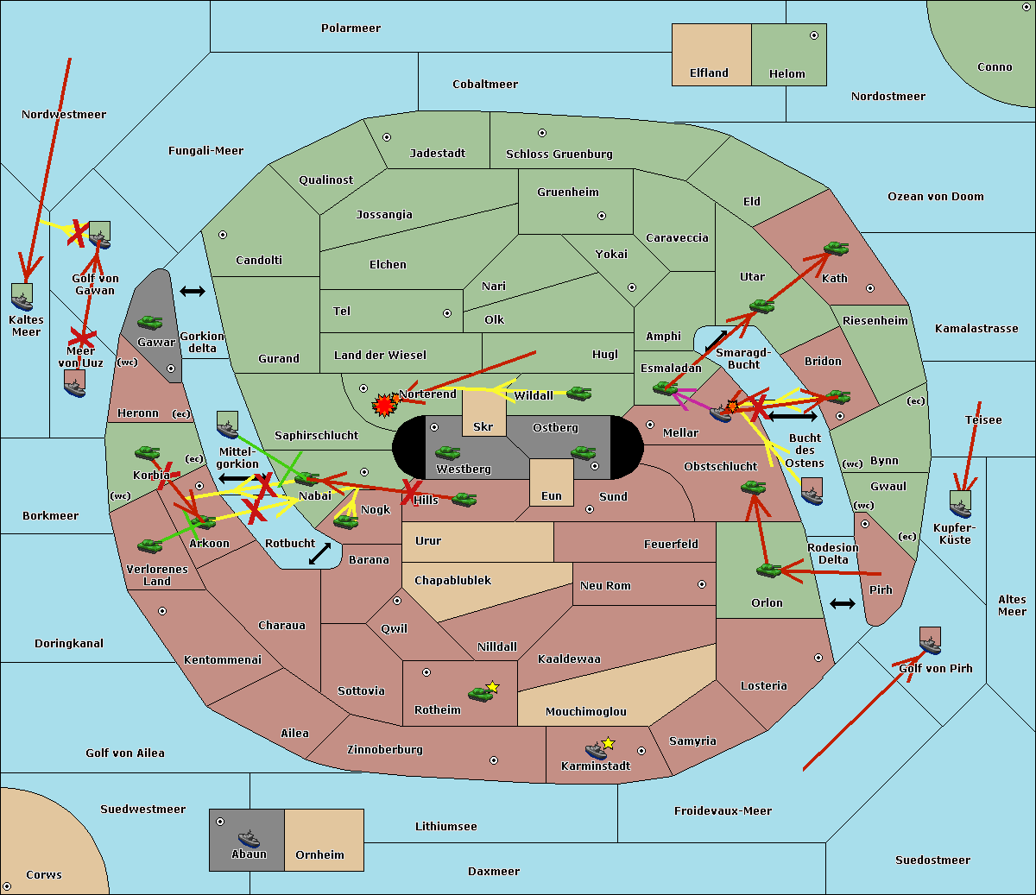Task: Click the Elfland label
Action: [x=709, y=73]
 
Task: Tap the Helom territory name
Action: [x=786, y=74]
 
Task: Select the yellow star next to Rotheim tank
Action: [x=492, y=687]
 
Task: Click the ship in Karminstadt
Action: [x=596, y=750]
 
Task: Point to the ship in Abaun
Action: [x=249, y=838]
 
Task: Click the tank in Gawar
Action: [x=149, y=322]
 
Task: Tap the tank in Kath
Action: [x=836, y=249]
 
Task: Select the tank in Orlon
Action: [x=768, y=570]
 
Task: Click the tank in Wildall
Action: [x=578, y=394]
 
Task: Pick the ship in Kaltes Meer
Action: [x=22, y=299]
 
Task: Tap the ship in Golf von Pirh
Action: [x=930, y=643]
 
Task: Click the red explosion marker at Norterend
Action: [x=383, y=404]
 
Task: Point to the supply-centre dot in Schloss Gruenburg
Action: [x=542, y=133]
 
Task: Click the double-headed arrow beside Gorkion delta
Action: [x=192, y=292]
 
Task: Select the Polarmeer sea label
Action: [x=351, y=28]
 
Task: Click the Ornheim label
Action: [x=319, y=855]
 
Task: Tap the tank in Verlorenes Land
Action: [x=149, y=545]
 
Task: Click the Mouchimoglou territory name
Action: [x=586, y=712]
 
